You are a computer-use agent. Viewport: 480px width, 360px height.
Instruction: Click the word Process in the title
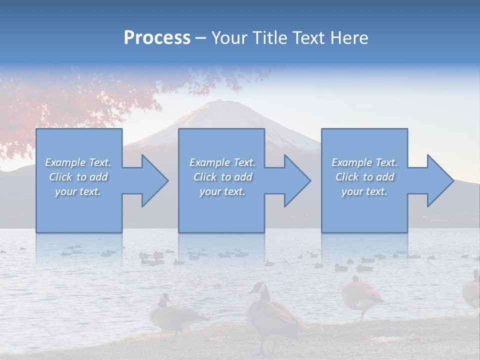pos(157,38)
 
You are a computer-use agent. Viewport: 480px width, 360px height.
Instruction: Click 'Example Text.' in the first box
pos(78,162)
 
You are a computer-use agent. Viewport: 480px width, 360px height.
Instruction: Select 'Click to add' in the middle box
pos(222,177)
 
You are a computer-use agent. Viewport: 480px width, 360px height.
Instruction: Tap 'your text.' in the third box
pos(364,191)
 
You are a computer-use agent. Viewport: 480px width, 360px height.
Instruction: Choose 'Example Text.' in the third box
pos(364,162)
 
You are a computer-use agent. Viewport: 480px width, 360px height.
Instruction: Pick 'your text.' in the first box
pos(78,191)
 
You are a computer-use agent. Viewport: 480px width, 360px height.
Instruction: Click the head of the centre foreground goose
pos(258,288)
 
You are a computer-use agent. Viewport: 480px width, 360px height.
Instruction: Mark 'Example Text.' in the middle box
pos(222,162)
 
